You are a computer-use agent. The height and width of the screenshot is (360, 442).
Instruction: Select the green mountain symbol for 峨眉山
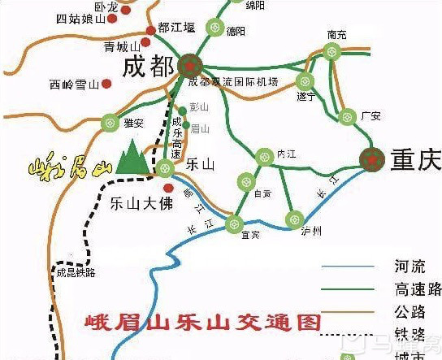coord(131,158)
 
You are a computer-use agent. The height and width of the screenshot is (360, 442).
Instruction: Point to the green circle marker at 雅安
coord(110,124)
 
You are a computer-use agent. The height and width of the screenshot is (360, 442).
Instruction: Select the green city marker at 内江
coord(263,156)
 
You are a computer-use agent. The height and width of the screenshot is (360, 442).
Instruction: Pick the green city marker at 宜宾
coord(234,223)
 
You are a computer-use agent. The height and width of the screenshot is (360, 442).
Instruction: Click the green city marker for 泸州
coord(294,218)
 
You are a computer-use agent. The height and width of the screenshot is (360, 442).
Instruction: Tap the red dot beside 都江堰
coord(150,32)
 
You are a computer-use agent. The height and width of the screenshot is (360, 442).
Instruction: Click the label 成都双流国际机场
coord(232,83)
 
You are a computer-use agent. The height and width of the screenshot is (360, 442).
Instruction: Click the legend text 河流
coord(405,267)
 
